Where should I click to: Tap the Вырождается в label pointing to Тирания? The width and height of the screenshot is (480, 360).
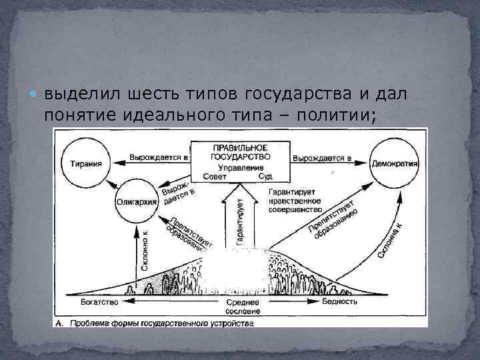pos(155,157)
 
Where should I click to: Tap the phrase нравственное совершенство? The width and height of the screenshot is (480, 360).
pos(295,204)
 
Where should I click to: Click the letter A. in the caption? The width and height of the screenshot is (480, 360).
pos(59,323)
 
